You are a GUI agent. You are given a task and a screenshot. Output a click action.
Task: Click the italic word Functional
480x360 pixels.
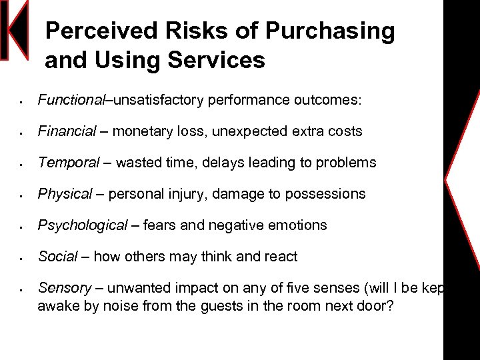pos(71,100)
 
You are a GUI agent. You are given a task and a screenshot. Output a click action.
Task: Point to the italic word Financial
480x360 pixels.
pos(67,131)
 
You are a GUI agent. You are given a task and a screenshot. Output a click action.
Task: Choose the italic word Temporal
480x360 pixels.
pos(69,163)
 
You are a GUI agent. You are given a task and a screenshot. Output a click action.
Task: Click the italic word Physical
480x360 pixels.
pos(65,194)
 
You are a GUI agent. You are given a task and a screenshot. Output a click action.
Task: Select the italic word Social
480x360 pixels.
pos(58,257)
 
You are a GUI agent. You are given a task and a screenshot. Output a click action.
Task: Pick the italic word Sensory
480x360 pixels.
pos(64,288)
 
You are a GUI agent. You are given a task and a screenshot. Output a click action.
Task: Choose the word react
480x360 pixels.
pos(280,257)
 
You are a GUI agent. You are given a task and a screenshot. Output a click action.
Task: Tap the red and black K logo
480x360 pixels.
pos(15,30)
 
